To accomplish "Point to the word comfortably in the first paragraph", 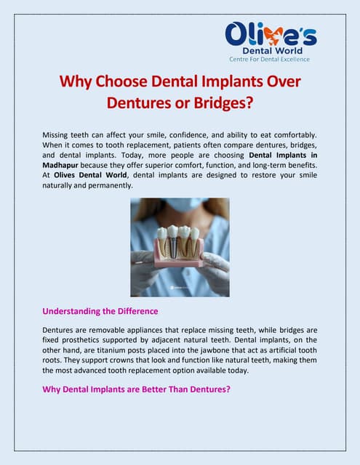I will (290, 136).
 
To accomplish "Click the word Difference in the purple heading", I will (134, 312).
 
